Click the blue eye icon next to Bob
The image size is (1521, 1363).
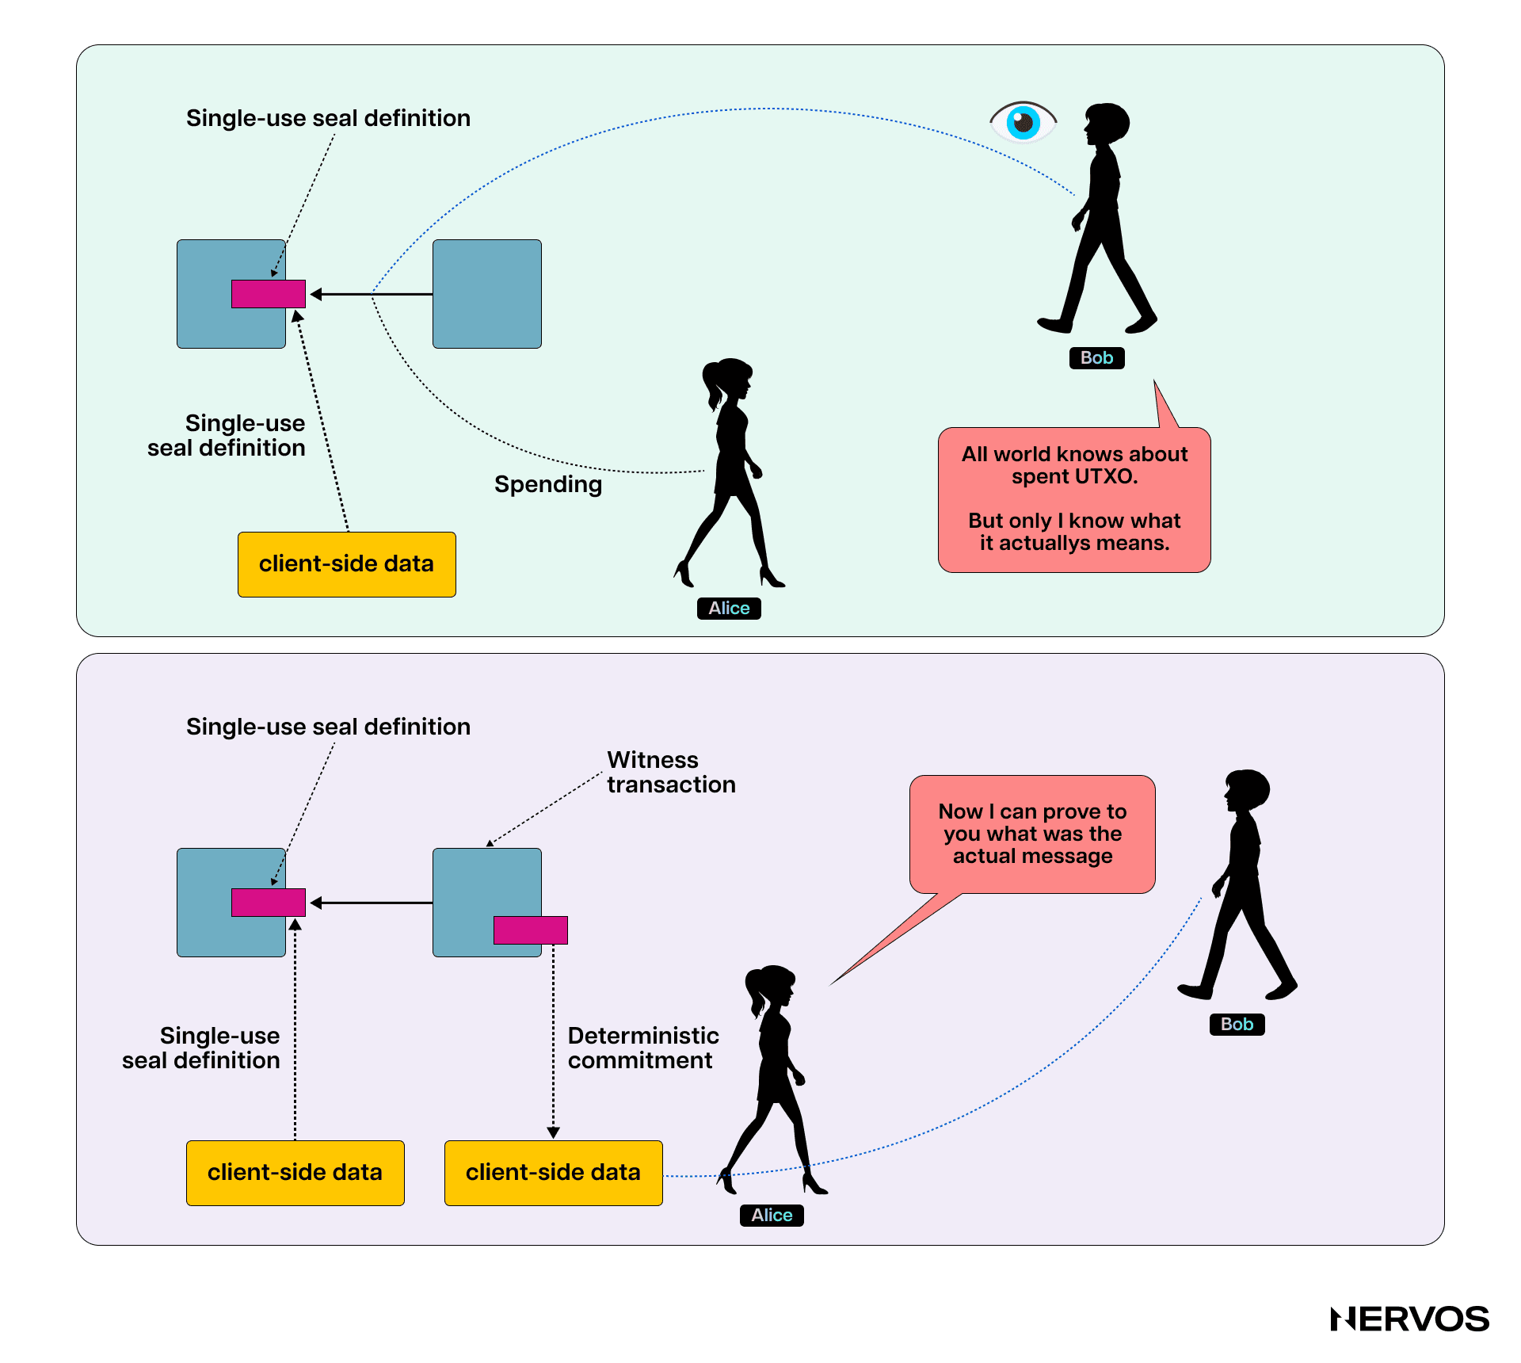pyautogui.click(x=1023, y=122)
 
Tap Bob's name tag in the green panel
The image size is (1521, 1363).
pyautogui.click(x=1096, y=358)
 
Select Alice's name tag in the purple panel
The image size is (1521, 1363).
pyautogui.click(x=772, y=1216)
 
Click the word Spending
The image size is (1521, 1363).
pyautogui.click(x=548, y=484)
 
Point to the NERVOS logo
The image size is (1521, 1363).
pyautogui.click(x=1409, y=1319)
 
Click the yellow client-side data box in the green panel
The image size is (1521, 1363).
pyautogui.click(x=347, y=564)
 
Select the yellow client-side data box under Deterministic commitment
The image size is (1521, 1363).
pyautogui.click(x=553, y=1173)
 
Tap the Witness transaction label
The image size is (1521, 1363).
pyautogui.click(x=671, y=772)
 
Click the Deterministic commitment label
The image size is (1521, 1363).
pyautogui.click(x=642, y=1048)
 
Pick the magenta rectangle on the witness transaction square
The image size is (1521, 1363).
pyautogui.click(x=530, y=930)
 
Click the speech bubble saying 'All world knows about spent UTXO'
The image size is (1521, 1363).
pyautogui.click(x=1074, y=499)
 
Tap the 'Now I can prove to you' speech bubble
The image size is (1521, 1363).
pyautogui.click(x=1032, y=834)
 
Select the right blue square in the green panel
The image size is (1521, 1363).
pyautogui.click(x=487, y=294)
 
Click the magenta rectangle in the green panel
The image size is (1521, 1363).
pyautogui.click(x=268, y=294)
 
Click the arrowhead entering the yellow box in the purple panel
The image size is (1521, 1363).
pyautogui.click(x=554, y=1132)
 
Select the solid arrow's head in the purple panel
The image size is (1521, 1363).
pyautogui.click(x=316, y=903)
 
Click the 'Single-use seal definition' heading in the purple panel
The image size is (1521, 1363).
pyautogui.click(x=328, y=727)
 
